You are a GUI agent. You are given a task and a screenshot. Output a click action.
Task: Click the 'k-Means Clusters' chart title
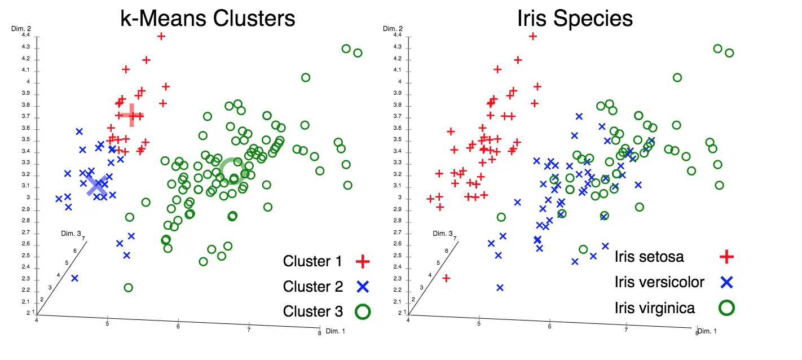tap(208, 19)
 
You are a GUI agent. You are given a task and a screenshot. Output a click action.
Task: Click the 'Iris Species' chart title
tap(575, 19)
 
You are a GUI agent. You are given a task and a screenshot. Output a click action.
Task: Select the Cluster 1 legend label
tap(312, 261)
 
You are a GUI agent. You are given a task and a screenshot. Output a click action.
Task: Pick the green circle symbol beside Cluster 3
tap(362, 311)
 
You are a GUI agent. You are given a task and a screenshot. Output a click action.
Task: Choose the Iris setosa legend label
tap(649, 256)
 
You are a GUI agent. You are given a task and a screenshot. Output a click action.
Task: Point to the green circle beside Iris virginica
tap(727, 307)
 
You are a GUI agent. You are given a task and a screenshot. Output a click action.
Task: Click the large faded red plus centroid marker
tap(132, 115)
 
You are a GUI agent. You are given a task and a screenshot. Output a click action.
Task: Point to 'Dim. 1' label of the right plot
tap(707, 331)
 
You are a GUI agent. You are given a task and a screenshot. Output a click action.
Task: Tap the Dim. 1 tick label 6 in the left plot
tap(178, 326)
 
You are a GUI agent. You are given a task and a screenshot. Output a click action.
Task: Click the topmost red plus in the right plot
tap(532, 36)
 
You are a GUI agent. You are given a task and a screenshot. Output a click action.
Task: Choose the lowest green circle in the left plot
tap(128, 288)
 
